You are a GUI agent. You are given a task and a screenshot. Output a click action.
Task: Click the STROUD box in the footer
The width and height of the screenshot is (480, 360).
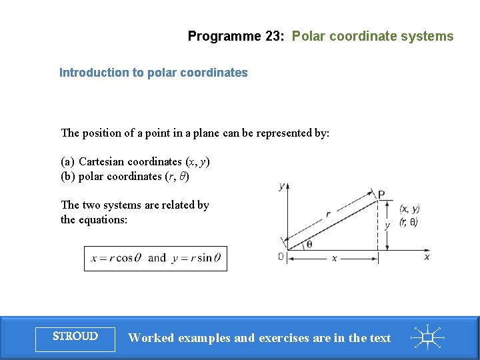[x=75, y=337]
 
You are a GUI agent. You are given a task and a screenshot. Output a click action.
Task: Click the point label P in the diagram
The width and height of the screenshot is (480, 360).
[x=381, y=195]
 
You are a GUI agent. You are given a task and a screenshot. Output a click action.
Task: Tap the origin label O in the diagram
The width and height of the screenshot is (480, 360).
[x=281, y=257]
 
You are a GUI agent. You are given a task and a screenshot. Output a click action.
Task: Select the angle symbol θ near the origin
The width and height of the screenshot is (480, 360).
[x=309, y=245]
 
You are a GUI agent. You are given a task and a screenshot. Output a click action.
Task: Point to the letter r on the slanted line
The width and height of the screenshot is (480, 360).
[x=328, y=215]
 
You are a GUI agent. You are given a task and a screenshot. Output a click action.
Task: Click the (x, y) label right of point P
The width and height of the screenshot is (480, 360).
[x=409, y=209]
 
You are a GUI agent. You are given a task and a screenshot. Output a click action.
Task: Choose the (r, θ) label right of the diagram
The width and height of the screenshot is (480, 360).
[x=409, y=223]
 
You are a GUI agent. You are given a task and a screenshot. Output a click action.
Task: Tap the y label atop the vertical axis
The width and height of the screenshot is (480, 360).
[x=282, y=187]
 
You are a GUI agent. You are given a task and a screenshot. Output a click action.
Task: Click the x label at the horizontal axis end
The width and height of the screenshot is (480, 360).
[x=427, y=257]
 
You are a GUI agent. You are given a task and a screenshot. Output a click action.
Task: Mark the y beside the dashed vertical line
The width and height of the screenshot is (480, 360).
[x=388, y=225]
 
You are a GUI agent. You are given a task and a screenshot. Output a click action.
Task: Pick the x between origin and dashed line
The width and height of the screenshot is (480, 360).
[x=334, y=258]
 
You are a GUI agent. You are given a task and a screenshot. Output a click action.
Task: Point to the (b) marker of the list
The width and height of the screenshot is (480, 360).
[x=67, y=176]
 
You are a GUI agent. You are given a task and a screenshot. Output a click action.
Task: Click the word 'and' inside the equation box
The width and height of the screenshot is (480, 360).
[x=157, y=258]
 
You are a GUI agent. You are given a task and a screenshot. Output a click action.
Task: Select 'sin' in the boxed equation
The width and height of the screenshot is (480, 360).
[x=204, y=258]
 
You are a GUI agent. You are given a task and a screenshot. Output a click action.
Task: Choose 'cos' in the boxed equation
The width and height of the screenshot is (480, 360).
[x=124, y=258]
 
